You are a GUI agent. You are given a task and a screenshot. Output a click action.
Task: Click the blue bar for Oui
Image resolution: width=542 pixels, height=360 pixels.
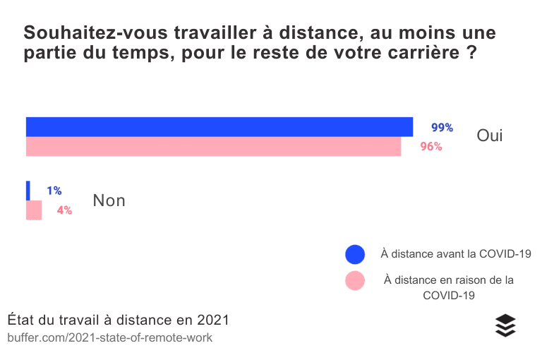[x=219, y=127]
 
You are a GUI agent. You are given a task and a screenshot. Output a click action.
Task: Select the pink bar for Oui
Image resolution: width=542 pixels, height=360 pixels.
[x=213, y=146]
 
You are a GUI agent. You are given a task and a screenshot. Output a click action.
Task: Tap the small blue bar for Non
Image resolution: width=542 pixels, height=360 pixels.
[x=28, y=191]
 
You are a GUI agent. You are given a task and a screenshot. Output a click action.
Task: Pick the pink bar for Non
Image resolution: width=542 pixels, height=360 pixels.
[x=34, y=210]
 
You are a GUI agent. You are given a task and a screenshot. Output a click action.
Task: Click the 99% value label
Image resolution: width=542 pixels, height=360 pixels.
[x=442, y=128]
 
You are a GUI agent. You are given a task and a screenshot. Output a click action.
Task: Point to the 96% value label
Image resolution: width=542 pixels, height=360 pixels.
[x=430, y=147]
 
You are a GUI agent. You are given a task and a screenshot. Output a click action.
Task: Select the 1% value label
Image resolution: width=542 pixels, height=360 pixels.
[x=54, y=191]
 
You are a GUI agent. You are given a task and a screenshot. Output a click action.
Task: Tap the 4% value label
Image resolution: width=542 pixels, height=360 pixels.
[x=64, y=210]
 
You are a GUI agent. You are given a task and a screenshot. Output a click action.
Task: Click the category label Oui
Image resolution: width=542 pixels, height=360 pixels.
[x=490, y=136]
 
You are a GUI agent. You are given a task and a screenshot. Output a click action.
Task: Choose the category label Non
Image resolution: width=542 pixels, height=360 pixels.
[x=109, y=200]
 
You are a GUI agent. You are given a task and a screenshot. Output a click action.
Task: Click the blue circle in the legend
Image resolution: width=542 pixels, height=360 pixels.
[x=354, y=254]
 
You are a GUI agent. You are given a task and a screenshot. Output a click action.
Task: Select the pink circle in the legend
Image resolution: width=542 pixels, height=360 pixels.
[x=354, y=280]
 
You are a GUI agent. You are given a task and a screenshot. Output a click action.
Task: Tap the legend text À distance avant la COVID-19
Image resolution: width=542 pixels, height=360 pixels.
[x=455, y=254]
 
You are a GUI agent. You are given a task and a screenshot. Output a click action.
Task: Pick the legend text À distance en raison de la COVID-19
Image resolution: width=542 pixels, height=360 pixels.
[x=449, y=287]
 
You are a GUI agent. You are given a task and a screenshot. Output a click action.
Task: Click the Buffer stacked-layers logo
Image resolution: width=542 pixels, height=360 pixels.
[x=505, y=325]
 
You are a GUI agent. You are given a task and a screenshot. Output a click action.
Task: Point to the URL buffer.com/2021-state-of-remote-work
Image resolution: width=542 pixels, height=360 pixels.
[x=109, y=338]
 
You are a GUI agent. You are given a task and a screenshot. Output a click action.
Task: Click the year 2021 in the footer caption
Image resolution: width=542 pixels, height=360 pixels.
[x=213, y=320]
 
